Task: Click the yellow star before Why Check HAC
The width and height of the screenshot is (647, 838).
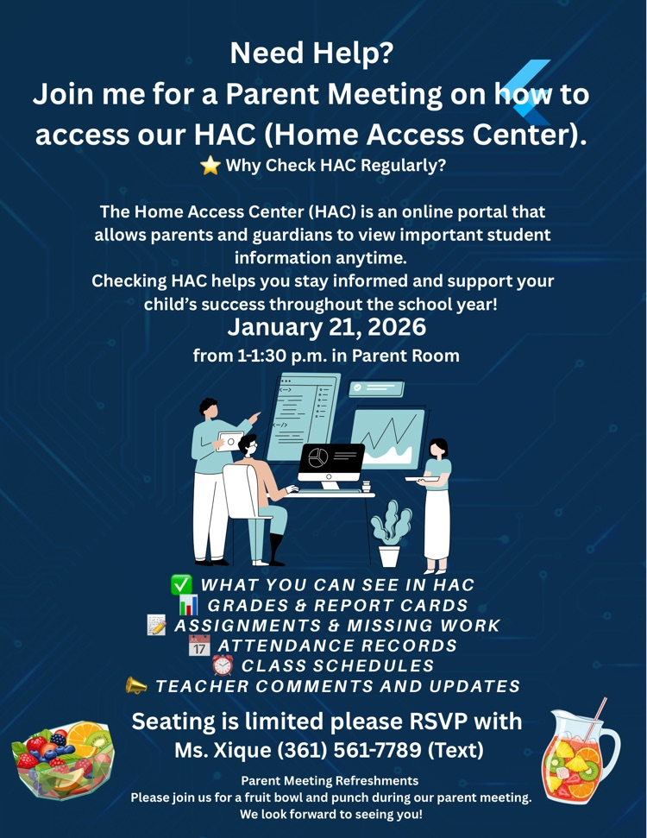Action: tap(210, 165)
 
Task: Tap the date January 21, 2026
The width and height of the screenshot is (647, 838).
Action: tap(326, 328)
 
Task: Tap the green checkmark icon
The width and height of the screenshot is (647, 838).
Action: tap(182, 585)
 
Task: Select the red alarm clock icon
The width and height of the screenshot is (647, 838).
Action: tap(223, 665)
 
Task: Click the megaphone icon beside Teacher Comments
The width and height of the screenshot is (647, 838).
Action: tap(136, 686)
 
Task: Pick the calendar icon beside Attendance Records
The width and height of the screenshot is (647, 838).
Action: tap(199, 646)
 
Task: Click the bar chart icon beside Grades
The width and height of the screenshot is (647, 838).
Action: tap(188, 605)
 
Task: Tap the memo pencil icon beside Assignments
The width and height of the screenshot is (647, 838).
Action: tap(157, 625)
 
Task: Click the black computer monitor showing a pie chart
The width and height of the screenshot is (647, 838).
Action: tap(331, 463)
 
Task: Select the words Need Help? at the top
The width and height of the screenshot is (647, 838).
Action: tap(311, 54)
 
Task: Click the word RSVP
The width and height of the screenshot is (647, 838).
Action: tap(434, 721)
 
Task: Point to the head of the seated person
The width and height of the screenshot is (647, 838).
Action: tap(248, 446)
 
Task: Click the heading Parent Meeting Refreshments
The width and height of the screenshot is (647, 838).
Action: tap(330, 780)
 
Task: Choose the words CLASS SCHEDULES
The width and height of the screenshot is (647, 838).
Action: tap(337, 665)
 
